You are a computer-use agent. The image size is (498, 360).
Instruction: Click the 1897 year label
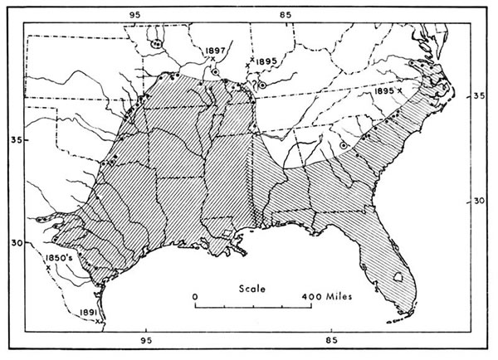[213, 50]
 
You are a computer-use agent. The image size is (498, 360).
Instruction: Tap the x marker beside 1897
[212, 59]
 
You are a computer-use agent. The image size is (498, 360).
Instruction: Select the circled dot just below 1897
[215, 72]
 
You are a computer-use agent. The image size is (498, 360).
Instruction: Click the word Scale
[251, 289]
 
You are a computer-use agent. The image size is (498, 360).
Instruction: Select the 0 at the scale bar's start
[194, 295]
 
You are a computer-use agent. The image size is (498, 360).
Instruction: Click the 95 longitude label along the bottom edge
[146, 340]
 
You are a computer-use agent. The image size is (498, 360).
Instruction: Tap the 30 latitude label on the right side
[479, 200]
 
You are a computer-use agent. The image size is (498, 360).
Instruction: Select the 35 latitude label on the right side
[477, 96]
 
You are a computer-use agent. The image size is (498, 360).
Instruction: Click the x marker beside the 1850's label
[49, 268]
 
